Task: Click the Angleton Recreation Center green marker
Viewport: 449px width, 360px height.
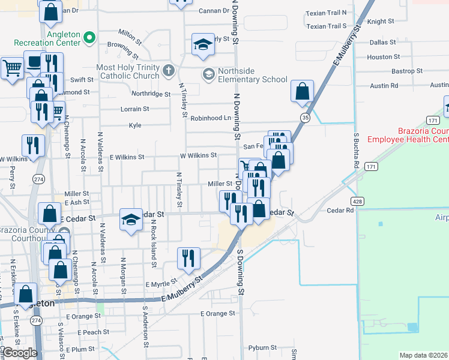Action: pos(90,38)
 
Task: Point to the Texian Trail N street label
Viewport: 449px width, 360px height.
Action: pos(326,13)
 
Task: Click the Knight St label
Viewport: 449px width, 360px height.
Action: pos(381,21)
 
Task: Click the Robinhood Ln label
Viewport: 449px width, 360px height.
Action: pos(211,118)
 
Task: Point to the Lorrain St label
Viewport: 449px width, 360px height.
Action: pos(134,109)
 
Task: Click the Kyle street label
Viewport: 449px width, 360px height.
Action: pos(134,125)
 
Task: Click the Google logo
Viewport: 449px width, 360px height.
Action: pos(19,353)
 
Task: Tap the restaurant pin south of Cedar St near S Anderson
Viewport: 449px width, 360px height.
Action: pos(188,258)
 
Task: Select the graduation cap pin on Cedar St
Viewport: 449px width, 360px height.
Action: pos(131,220)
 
